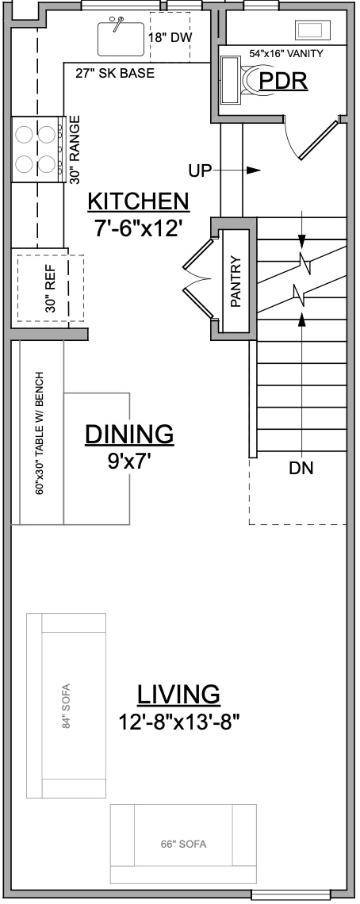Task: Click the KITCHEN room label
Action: pos(139,201)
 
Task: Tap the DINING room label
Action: pos(129,434)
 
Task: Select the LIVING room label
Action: pos(178,694)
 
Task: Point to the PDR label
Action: pos(283,82)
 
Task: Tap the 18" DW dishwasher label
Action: pos(170,37)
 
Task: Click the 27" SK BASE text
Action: pos(115,73)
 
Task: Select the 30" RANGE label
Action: pos(75,150)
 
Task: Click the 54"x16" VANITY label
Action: pos(286,54)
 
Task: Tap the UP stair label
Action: pos(200,170)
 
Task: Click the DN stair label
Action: pos(301,469)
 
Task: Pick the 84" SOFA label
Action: pos(66,706)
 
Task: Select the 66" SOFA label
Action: pos(183,845)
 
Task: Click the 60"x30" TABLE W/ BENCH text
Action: pos(40,433)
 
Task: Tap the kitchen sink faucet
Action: pos(117,24)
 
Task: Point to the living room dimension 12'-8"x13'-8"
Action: pos(179,721)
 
